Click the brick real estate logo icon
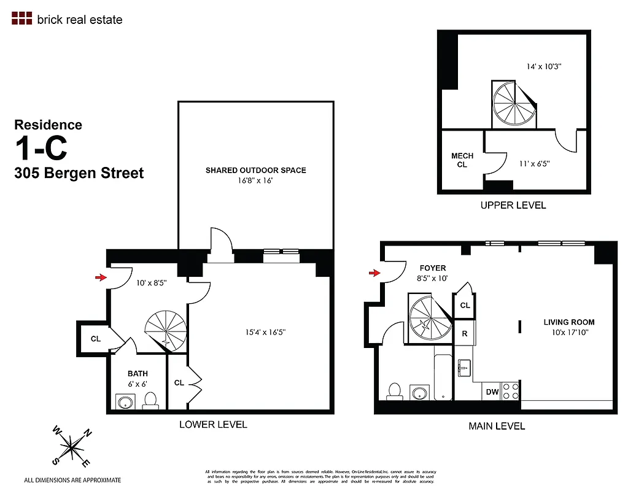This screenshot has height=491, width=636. pyautogui.click(x=21, y=18)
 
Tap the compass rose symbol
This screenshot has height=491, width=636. pyautogui.click(x=72, y=446)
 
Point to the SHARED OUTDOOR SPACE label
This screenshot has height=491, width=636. pyautogui.click(x=255, y=170)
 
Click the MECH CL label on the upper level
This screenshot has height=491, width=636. pyautogui.click(x=462, y=160)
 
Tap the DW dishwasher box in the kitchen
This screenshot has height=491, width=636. pyautogui.click(x=492, y=392)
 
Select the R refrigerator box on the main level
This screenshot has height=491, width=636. pyautogui.click(x=465, y=335)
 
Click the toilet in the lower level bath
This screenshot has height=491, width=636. pyautogui.click(x=150, y=401)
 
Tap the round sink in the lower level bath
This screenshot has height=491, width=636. pyautogui.click(x=125, y=403)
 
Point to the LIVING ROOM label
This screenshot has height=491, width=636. pyautogui.click(x=568, y=322)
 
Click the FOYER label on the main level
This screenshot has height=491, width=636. pyautogui.click(x=432, y=268)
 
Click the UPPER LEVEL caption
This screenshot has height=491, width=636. pyautogui.click(x=513, y=205)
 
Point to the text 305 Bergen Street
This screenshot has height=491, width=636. pyautogui.click(x=79, y=173)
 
